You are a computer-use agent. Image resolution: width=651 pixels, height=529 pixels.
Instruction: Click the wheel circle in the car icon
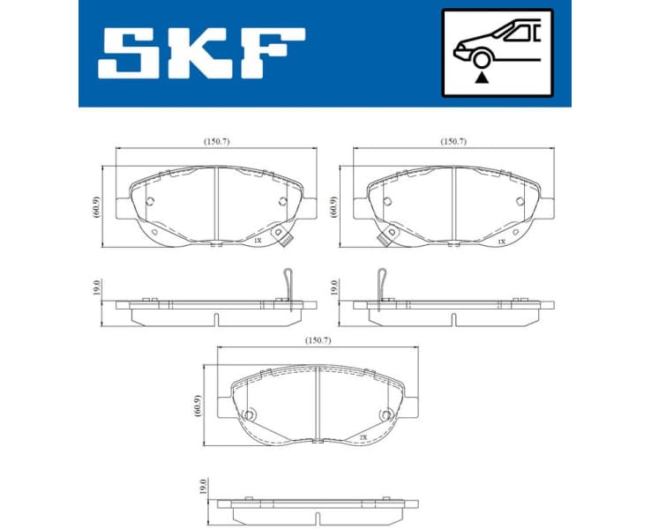(x=481, y=60)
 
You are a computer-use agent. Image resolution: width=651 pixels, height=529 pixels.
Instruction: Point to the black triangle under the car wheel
(x=481, y=78)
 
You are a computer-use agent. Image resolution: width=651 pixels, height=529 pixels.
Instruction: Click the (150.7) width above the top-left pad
(x=216, y=141)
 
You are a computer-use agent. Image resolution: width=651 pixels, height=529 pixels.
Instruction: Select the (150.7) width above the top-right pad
(x=453, y=141)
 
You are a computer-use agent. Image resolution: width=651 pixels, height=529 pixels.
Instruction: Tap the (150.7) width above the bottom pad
(x=317, y=339)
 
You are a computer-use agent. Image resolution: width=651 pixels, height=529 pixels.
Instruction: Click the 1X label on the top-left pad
(x=258, y=240)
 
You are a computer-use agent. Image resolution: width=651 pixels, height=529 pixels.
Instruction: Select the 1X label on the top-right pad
(x=500, y=240)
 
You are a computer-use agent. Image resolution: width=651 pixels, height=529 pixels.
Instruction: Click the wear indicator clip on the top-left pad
(x=284, y=237)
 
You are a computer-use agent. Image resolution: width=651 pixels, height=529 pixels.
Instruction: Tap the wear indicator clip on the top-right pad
(x=385, y=237)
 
